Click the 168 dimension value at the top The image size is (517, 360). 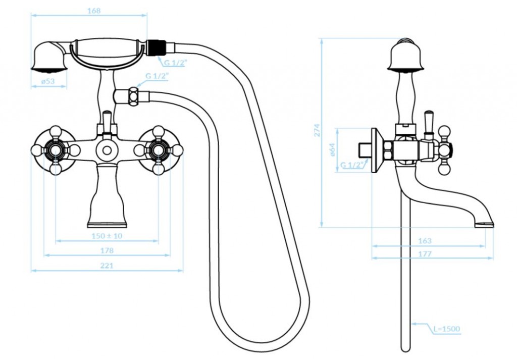[x=94, y=11]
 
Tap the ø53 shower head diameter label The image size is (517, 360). [x=48, y=81]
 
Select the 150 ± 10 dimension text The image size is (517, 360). [x=107, y=236]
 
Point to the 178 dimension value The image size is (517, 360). [x=107, y=250]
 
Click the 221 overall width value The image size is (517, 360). [x=107, y=266]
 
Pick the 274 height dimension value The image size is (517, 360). [x=317, y=130]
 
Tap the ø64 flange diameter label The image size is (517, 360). [x=332, y=149]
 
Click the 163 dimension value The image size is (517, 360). [x=425, y=241]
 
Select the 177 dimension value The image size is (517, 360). [x=425, y=254]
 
